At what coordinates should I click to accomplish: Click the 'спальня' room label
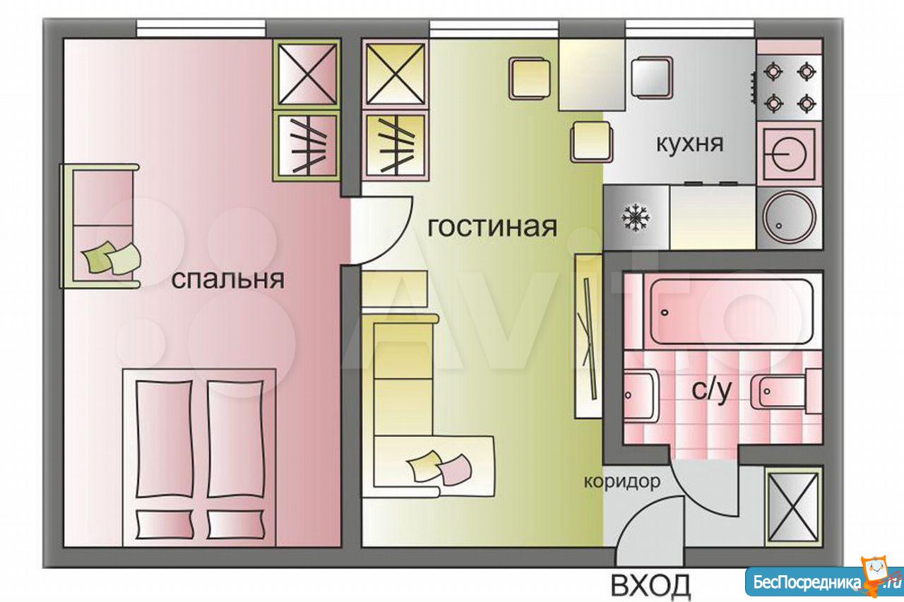(x=228, y=279)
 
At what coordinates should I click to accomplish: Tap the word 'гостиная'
(x=492, y=227)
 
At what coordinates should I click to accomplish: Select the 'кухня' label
(x=690, y=143)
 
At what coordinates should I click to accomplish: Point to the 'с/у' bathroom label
(x=711, y=391)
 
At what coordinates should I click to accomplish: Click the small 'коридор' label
(x=622, y=481)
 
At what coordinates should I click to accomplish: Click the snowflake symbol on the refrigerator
(x=636, y=218)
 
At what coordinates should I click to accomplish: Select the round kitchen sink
(x=789, y=217)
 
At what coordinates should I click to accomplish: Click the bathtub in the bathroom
(x=731, y=312)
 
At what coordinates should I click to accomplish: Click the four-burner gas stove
(x=789, y=88)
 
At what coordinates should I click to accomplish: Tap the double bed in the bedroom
(x=199, y=457)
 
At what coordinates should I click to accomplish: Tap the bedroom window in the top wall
(x=201, y=28)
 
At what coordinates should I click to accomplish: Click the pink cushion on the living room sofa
(x=454, y=470)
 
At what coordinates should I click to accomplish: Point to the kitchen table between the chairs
(x=592, y=75)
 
